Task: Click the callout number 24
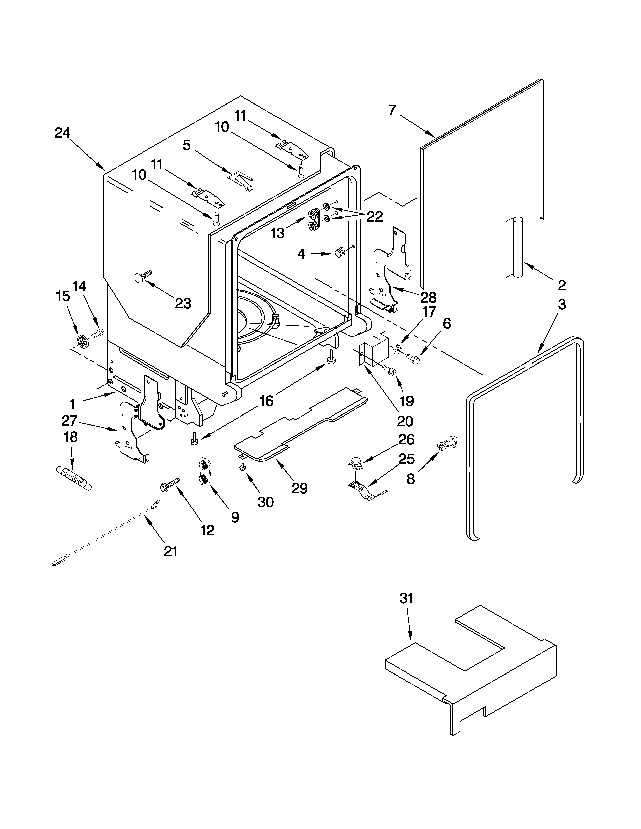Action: pyautogui.click(x=62, y=133)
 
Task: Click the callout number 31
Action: pyautogui.click(x=406, y=599)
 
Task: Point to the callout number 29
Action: pyautogui.click(x=299, y=488)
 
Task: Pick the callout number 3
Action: pyautogui.click(x=562, y=304)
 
